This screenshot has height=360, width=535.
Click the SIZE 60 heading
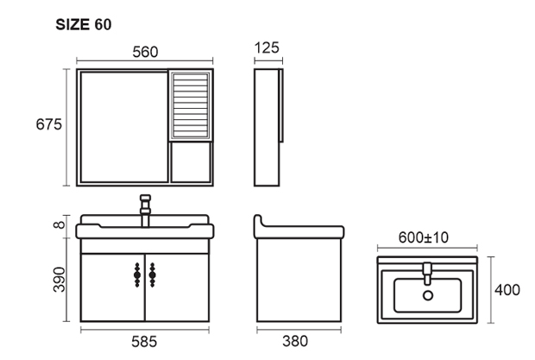pos(84,24)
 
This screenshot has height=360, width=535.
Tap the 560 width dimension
pos(145,52)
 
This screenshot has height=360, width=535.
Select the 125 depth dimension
pos(267,47)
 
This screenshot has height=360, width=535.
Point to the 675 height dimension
pos(49,124)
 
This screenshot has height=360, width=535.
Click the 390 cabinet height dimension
pos(60,280)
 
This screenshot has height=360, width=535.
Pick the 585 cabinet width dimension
pos(144,342)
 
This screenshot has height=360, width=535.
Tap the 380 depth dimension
pos(295,341)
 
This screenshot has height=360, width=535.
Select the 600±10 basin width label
pos(424,237)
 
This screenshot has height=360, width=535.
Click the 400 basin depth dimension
pos(507,290)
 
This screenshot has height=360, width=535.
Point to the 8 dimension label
pos(60,224)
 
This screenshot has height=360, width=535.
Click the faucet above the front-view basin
pos(145,211)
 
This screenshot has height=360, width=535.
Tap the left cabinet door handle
pos(137,275)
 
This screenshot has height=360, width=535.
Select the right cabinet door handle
pos(152,275)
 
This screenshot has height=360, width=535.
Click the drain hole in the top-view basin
pos(428,295)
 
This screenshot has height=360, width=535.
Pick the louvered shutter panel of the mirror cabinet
pos(191,106)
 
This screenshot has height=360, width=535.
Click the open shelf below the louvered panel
pos(191,162)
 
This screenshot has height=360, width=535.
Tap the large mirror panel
pos(124,127)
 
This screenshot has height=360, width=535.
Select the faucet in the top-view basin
pos(427,274)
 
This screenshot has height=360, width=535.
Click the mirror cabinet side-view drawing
pos(268,127)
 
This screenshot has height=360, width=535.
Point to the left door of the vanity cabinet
pos(113,287)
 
